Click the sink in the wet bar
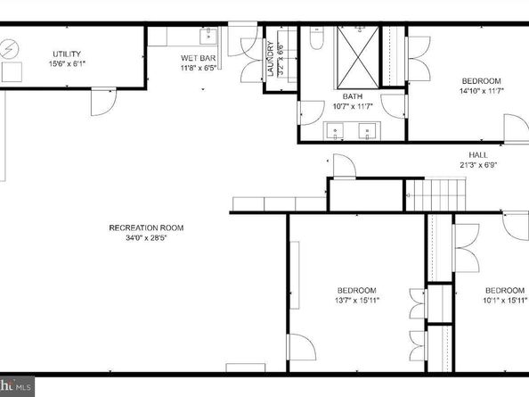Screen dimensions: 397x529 click(x=208, y=36)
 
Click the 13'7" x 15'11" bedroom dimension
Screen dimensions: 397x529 click(x=355, y=301)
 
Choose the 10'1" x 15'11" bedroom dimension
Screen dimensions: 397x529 click(x=503, y=301)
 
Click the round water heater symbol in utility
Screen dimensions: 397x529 click(x=12, y=46)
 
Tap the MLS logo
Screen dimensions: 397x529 click(x=17, y=386)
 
